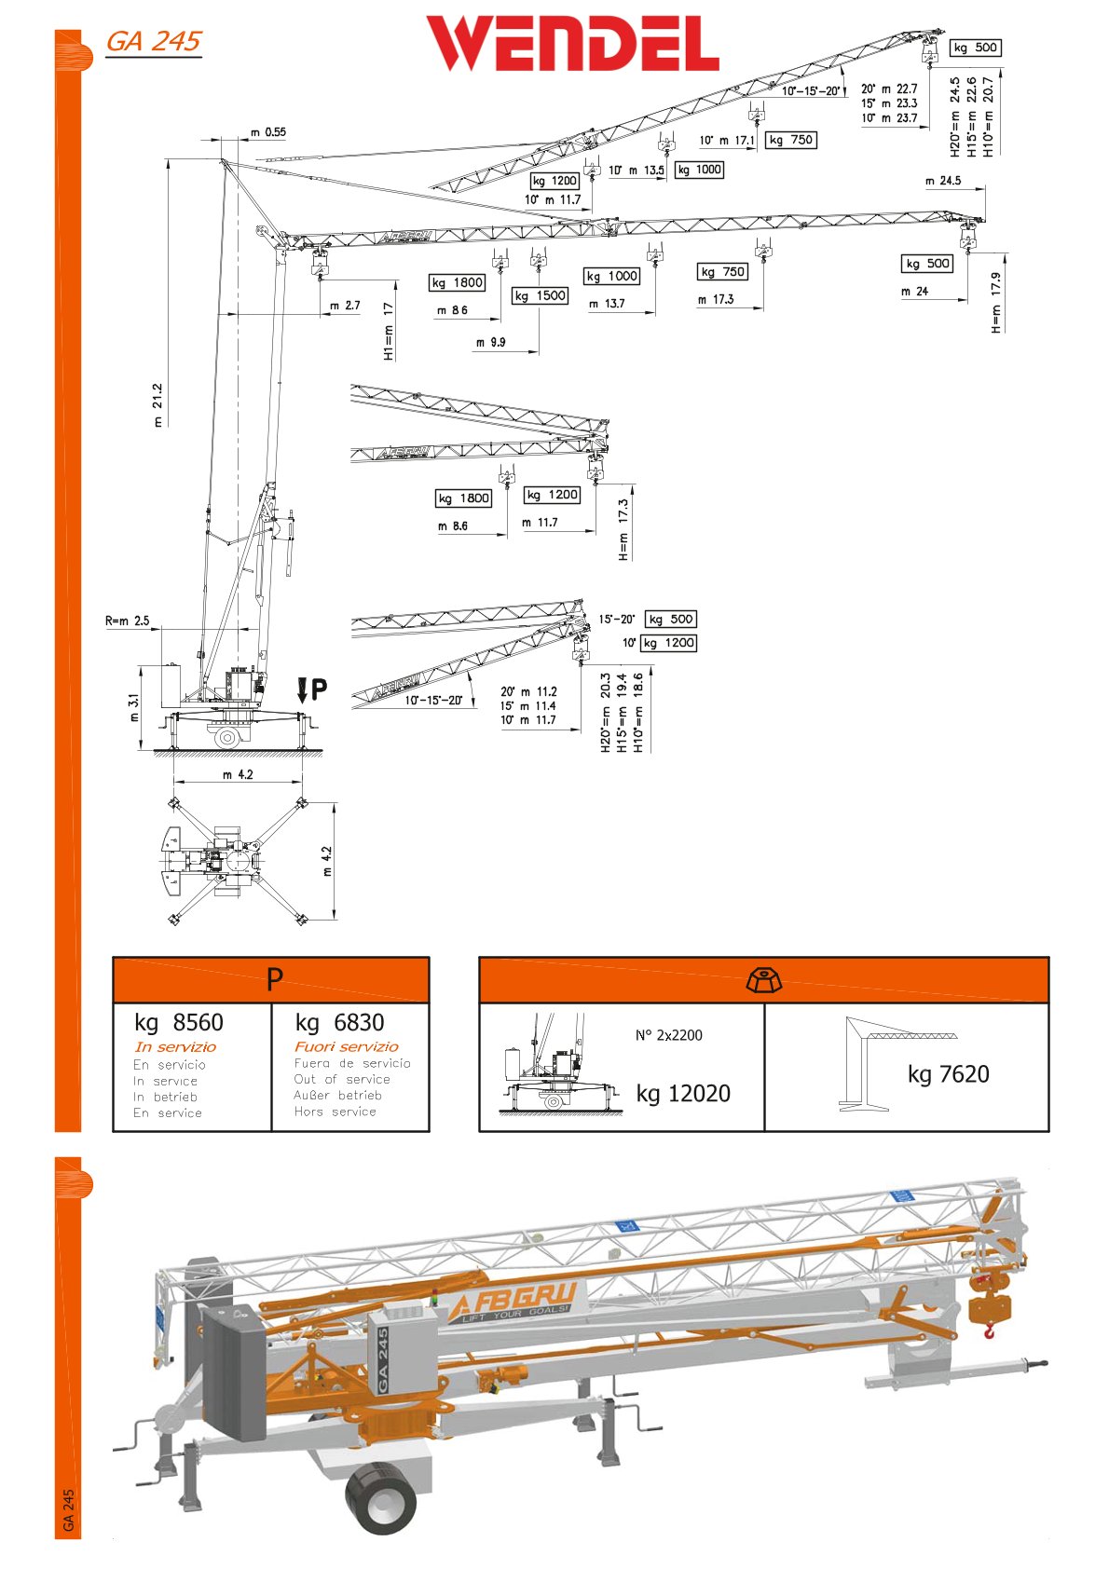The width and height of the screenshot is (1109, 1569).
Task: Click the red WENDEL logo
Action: [x=572, y=44]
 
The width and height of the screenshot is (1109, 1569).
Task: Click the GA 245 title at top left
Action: [x=154, y=41]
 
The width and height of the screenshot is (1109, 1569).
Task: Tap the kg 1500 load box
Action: [x=541, y=295]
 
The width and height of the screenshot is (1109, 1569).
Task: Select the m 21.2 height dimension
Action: [x=157, y=404]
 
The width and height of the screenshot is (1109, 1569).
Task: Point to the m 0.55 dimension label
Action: [x=267, y=132]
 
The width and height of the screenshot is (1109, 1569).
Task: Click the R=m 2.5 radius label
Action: [x=127, y=621]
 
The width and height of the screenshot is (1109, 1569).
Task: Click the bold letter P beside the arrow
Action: [x=319, y=689]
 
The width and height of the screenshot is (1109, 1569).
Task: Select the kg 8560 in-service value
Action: [x=179, y=1022]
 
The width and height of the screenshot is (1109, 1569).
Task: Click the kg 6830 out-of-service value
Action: [x=339, y=1022]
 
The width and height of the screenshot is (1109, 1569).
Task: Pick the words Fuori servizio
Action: [x=346, y=1046]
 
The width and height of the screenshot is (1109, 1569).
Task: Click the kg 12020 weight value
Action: [x=683, y=1093]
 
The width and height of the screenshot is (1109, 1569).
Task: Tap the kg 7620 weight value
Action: [x=948, y=1074]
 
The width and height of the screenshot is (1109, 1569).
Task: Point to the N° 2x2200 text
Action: [x=669, y=1035]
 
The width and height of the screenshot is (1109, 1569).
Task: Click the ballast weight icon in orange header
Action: [x=764, y=980]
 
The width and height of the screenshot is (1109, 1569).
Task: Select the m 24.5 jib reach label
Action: [x=943, y=181]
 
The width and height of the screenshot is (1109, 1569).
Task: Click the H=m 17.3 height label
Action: [x=623, y=528]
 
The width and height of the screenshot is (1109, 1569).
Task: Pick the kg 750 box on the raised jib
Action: [x=790, y=140]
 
